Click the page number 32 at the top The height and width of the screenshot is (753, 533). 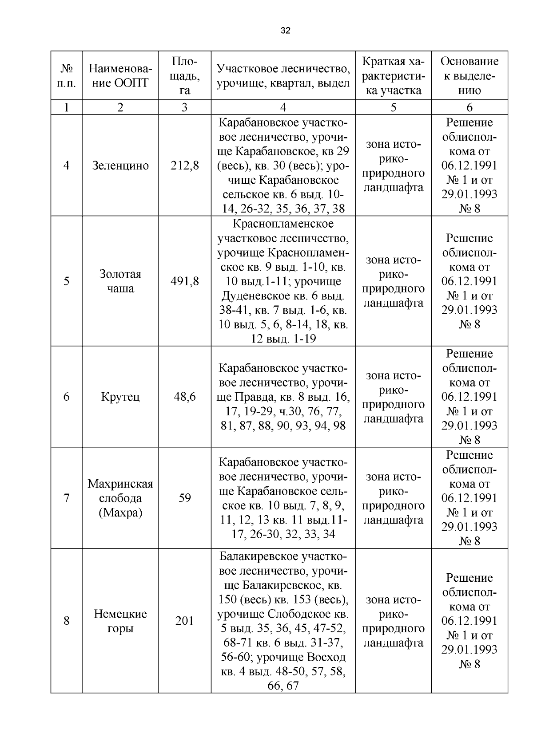click(286, 31)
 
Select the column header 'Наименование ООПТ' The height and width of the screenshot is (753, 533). click(120, 75)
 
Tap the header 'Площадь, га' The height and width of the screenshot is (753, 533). click(184, 75)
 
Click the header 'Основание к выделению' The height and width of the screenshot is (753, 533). click(469, 75)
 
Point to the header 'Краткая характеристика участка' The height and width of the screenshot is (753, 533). click(393, 75)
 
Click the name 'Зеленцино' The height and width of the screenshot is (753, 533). click(120, 166)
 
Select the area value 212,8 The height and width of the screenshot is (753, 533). click(184, 166)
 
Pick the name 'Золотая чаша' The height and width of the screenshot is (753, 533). click(120, 281)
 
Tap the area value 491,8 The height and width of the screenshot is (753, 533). click(184, 281)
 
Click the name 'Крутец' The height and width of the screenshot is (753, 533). click(120, 397)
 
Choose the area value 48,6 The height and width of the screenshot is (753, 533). click(184, 397)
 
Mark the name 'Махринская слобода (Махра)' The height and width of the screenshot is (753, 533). click(120, 498)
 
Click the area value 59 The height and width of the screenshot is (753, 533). click(184, 498)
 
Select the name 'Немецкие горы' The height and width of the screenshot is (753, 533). click(120, 621)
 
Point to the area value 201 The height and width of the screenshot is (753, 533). click(184, 621)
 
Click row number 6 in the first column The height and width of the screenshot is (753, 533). click(67, 397)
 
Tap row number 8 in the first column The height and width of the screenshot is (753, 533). click(67, 621)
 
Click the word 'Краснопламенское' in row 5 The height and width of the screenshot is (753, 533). click(283, 224)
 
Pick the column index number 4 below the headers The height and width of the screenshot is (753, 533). click(283, 107)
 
